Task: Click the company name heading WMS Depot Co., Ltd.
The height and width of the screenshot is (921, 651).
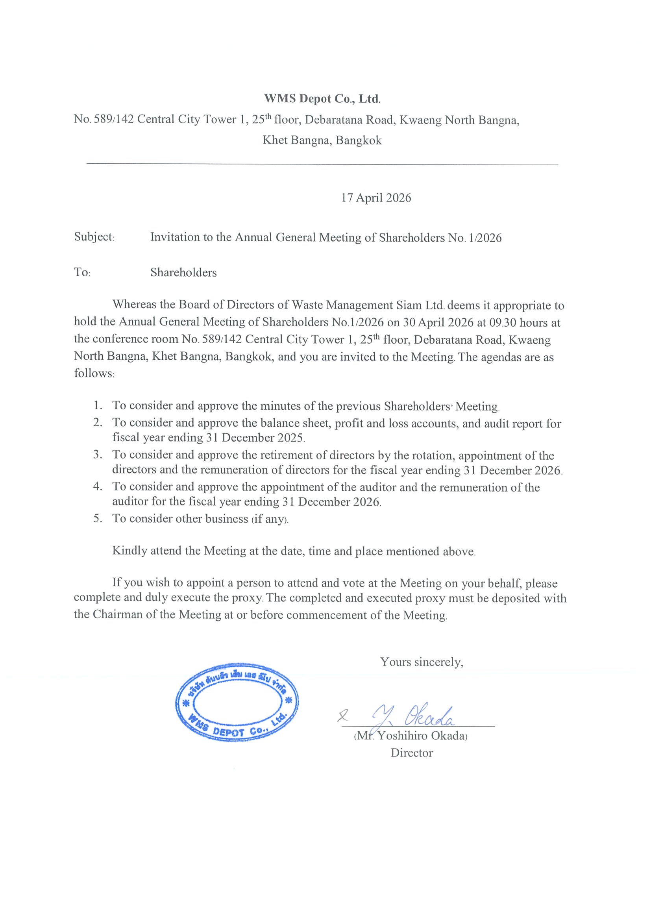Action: [322, 99]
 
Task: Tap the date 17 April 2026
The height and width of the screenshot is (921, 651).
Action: [376, 198]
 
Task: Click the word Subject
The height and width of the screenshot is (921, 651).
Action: [94, 237]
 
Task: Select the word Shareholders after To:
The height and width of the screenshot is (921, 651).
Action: [183, 273]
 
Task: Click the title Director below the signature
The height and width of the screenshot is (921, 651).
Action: [412, 753]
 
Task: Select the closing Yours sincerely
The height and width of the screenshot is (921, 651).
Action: [422, 662]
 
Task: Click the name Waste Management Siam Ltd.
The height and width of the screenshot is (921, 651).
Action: [368, 305]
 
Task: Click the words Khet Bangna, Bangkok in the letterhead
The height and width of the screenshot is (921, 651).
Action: [322, 141]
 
